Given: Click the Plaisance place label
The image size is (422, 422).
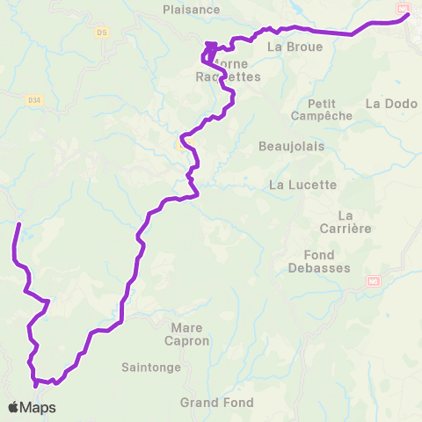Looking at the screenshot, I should click(191, 10).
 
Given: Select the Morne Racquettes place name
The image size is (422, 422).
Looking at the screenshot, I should click(229, 70).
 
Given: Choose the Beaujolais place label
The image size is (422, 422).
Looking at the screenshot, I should click(291, 146).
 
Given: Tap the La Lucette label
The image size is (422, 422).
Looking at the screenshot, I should click(302, 185).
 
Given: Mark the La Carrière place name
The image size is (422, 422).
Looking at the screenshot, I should click(356, 222).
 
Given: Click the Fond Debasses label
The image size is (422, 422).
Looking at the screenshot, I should click(319, 261).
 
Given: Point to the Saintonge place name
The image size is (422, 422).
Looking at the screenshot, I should click(151, 367).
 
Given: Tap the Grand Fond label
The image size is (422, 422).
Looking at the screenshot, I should click(216, 403).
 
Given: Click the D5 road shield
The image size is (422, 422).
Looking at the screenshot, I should click(103, 33).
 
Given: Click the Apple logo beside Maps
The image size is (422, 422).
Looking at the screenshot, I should click(14, 407).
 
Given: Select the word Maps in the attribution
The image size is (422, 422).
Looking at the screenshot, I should click(38, 407).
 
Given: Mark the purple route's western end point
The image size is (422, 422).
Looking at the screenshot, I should click(18, 225).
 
